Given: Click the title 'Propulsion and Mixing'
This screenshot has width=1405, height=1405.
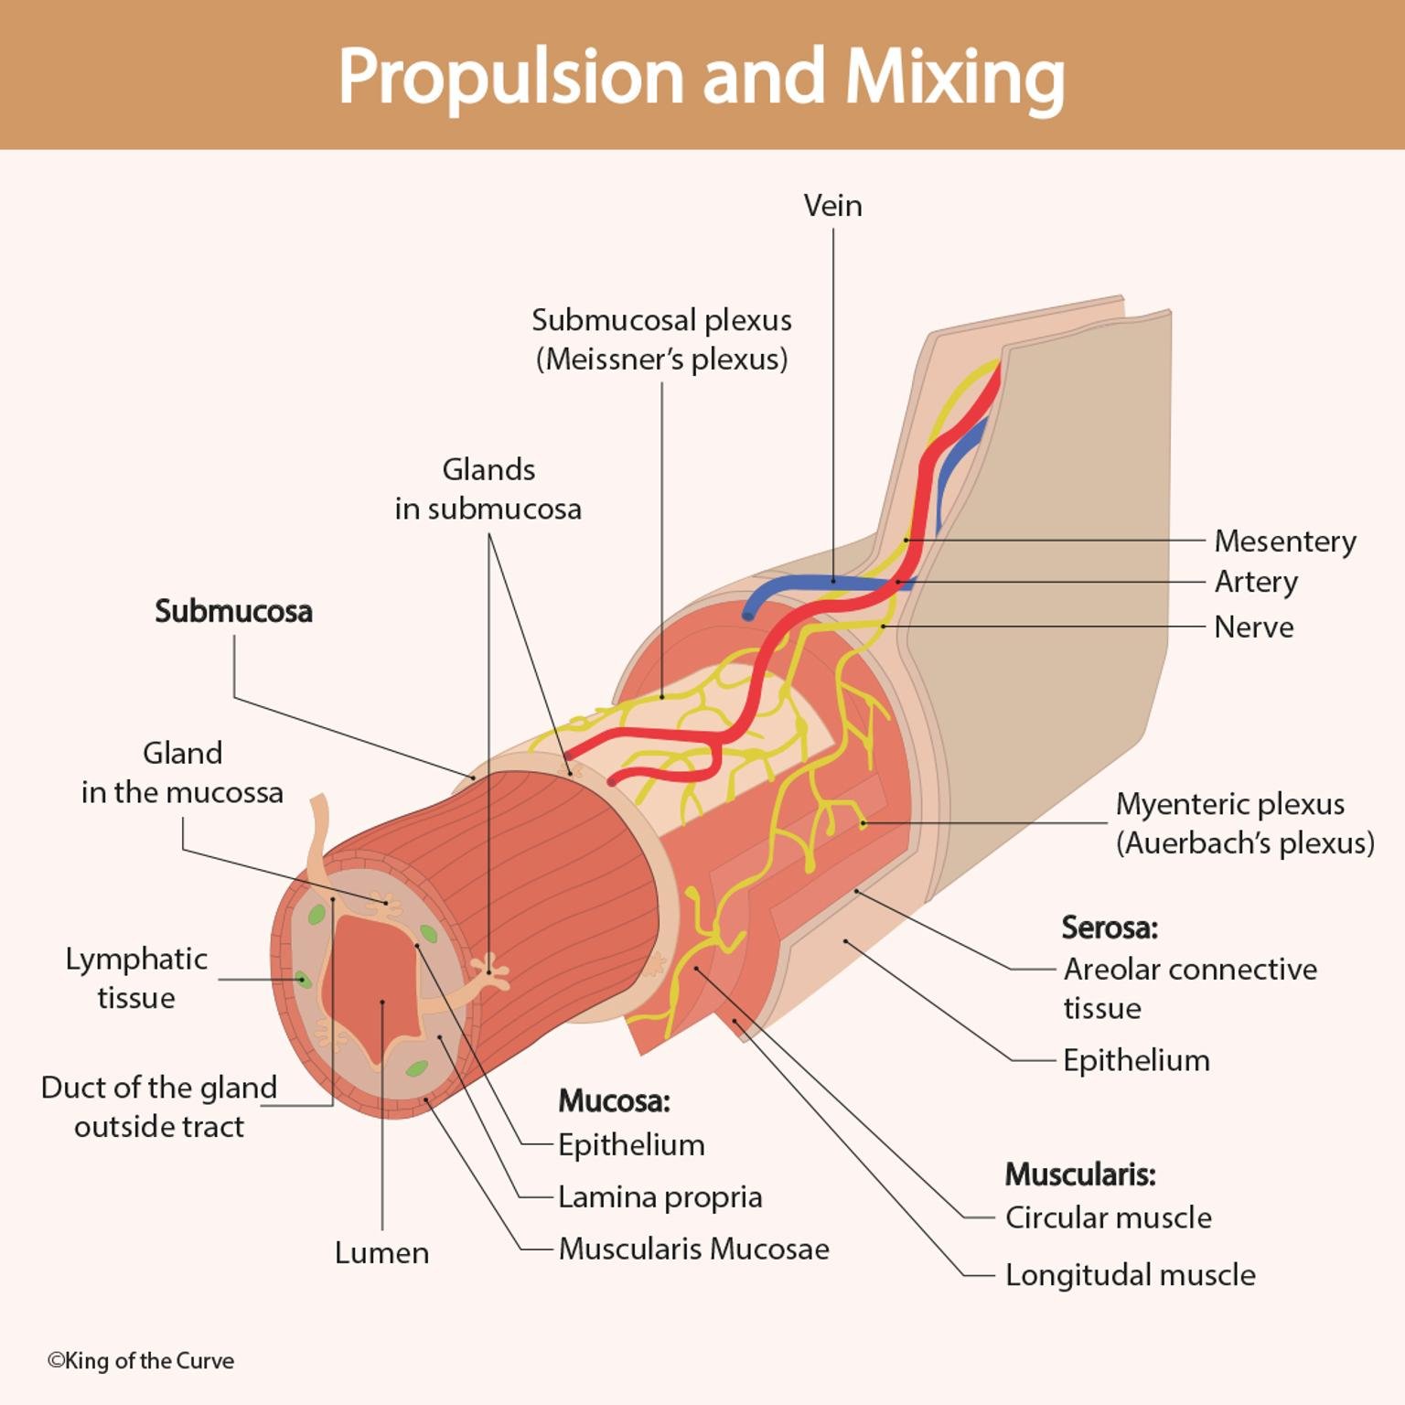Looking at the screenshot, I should click(702, 77).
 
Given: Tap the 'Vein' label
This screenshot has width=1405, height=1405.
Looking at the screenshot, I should click(832, 206).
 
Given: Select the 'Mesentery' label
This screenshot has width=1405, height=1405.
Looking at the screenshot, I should click(1284, 542).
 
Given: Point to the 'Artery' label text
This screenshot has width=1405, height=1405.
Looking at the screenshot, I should click(1255, 582).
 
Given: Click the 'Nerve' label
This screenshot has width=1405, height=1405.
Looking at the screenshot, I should click(1253, 627).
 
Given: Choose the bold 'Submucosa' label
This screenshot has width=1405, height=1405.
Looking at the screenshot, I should click(233, 611).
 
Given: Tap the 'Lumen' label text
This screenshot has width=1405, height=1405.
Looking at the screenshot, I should click(381, 1252).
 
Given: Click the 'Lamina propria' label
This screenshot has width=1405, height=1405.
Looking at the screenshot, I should click(660, 1196).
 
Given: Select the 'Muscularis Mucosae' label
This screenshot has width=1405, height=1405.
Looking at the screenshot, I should click(693, 1249).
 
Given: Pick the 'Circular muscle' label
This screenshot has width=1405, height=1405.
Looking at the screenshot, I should click(1108, 1217).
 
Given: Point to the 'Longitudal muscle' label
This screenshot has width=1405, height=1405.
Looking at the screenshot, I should click(1130, 1274).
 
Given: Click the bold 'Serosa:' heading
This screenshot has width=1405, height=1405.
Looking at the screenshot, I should click(1110, 928).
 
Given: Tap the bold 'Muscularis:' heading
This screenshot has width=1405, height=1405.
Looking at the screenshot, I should click(1080, 1174).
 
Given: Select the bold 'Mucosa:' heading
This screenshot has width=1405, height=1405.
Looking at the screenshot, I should click(614, 1100).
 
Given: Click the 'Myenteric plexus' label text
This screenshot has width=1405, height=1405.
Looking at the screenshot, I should click(1229, 804).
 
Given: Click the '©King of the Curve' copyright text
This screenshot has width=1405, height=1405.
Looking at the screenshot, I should click(141, 1361).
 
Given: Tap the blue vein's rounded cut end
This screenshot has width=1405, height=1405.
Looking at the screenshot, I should click(748, 617).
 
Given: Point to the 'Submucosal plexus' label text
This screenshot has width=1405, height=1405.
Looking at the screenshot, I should click(661, 321).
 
